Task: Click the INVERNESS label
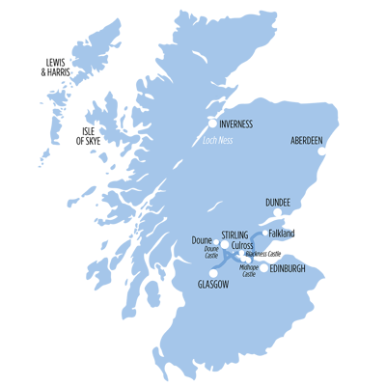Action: [x=237, y=124]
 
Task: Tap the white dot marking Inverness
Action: [x=212, y=123]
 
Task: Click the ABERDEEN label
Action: [x=308, y=141]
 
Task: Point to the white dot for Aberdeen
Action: [x=322, y=151]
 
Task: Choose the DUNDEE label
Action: [x=278, y=203]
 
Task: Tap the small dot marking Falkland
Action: [x=265, y=233]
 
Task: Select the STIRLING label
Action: [x=234, y=234]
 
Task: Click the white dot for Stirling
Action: [x=225, y=244]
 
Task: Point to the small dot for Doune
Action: [x=215, y=241]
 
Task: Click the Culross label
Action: [x=242, y=246]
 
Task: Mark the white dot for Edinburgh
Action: [x=263, y=267]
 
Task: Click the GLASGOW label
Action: [x=212, y=286]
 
